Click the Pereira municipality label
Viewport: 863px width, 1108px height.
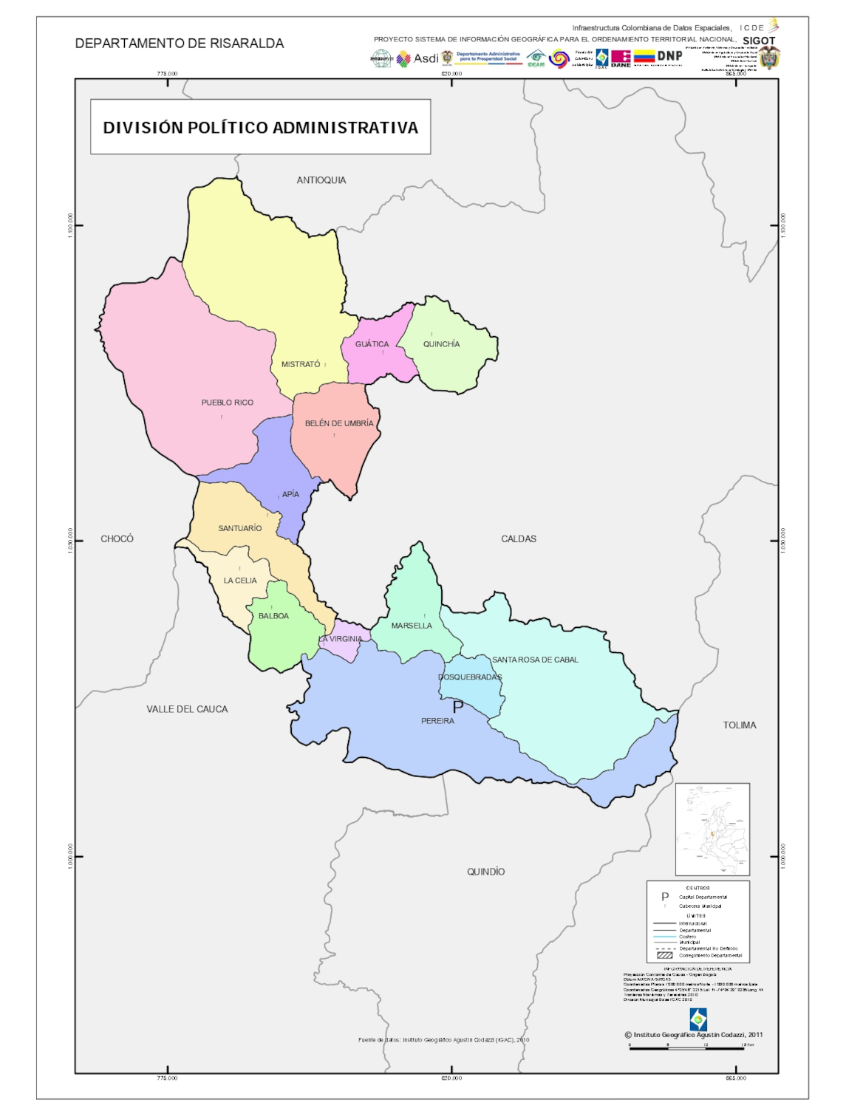[437, 720]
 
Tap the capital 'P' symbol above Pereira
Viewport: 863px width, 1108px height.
[457, 707]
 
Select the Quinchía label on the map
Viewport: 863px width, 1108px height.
[441, 344]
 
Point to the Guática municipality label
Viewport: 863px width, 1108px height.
[372, 344]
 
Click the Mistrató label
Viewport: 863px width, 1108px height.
[301, 364]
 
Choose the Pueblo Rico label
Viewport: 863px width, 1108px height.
[227, 403]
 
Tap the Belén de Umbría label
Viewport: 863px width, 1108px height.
[339, 423]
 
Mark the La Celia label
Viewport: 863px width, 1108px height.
[240, 581]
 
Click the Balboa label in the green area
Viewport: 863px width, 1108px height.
[273, 616]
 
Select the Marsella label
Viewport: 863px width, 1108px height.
[412, 626]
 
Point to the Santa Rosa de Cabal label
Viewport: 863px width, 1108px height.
[535, 660]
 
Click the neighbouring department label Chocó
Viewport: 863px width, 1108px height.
[117, 539]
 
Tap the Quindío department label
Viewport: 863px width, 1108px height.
[485, 872]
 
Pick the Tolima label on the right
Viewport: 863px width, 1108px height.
[739, 725]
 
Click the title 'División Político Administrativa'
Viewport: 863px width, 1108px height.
[260, 128]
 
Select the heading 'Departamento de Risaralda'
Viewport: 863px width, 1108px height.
[180, 44]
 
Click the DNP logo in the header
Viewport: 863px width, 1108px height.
[669, 56]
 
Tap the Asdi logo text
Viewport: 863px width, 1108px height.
[426, 58]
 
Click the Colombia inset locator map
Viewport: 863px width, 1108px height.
[712, 829]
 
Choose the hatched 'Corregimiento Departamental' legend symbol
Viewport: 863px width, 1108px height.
[664, 955]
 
